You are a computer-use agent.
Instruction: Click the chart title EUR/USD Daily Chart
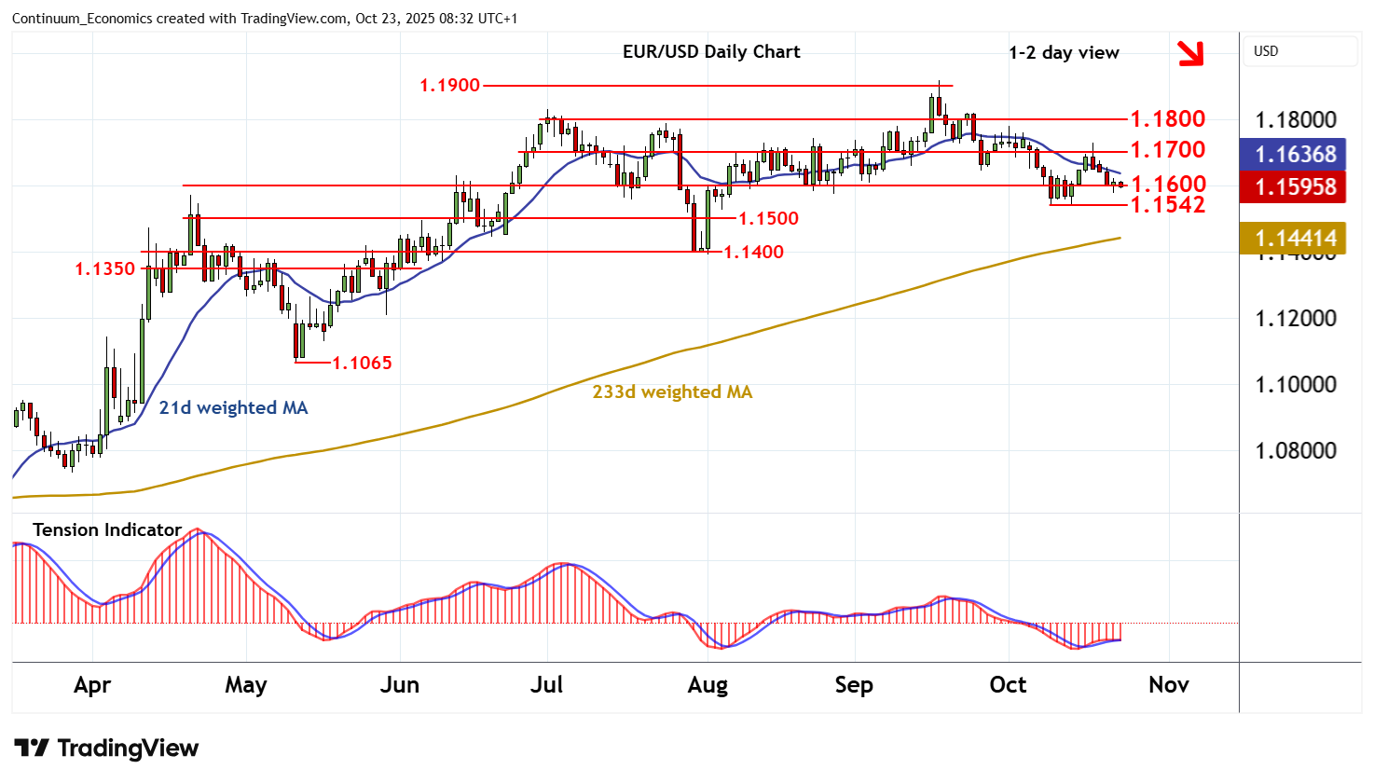[711, 52]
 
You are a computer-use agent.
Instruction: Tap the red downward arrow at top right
[1190, 54]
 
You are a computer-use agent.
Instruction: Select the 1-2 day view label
[1064, 53]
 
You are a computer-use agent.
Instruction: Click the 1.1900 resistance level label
[449, 86]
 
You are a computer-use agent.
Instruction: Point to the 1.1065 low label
[363, 363]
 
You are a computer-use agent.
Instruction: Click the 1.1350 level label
[105, 269]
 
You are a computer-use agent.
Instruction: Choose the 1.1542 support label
[1168, 204]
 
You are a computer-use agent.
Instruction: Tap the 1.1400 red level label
[753, 252]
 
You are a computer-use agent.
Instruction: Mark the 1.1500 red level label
[768, 218]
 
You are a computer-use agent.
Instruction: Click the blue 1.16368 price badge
[1295, 154]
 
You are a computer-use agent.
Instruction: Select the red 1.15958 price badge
[1295, 186]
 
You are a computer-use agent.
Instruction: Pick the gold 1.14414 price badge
[1295, 238]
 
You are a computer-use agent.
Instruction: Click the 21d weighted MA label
[233, 407]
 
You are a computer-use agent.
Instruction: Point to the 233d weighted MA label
[672, 392]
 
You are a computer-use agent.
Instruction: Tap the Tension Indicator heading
[107, 529]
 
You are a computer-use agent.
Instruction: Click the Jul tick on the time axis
[546, 685]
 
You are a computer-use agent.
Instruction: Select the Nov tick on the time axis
[1168, 685]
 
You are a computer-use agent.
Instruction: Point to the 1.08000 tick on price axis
[1295, 451]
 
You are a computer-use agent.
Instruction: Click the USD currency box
[1299, 51]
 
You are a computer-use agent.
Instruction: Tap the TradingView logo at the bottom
[106, 749]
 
